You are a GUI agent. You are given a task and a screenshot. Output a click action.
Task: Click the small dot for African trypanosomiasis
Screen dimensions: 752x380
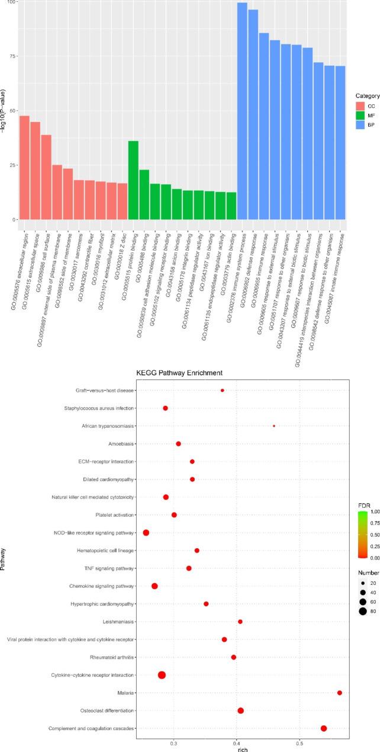pos(273,426)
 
